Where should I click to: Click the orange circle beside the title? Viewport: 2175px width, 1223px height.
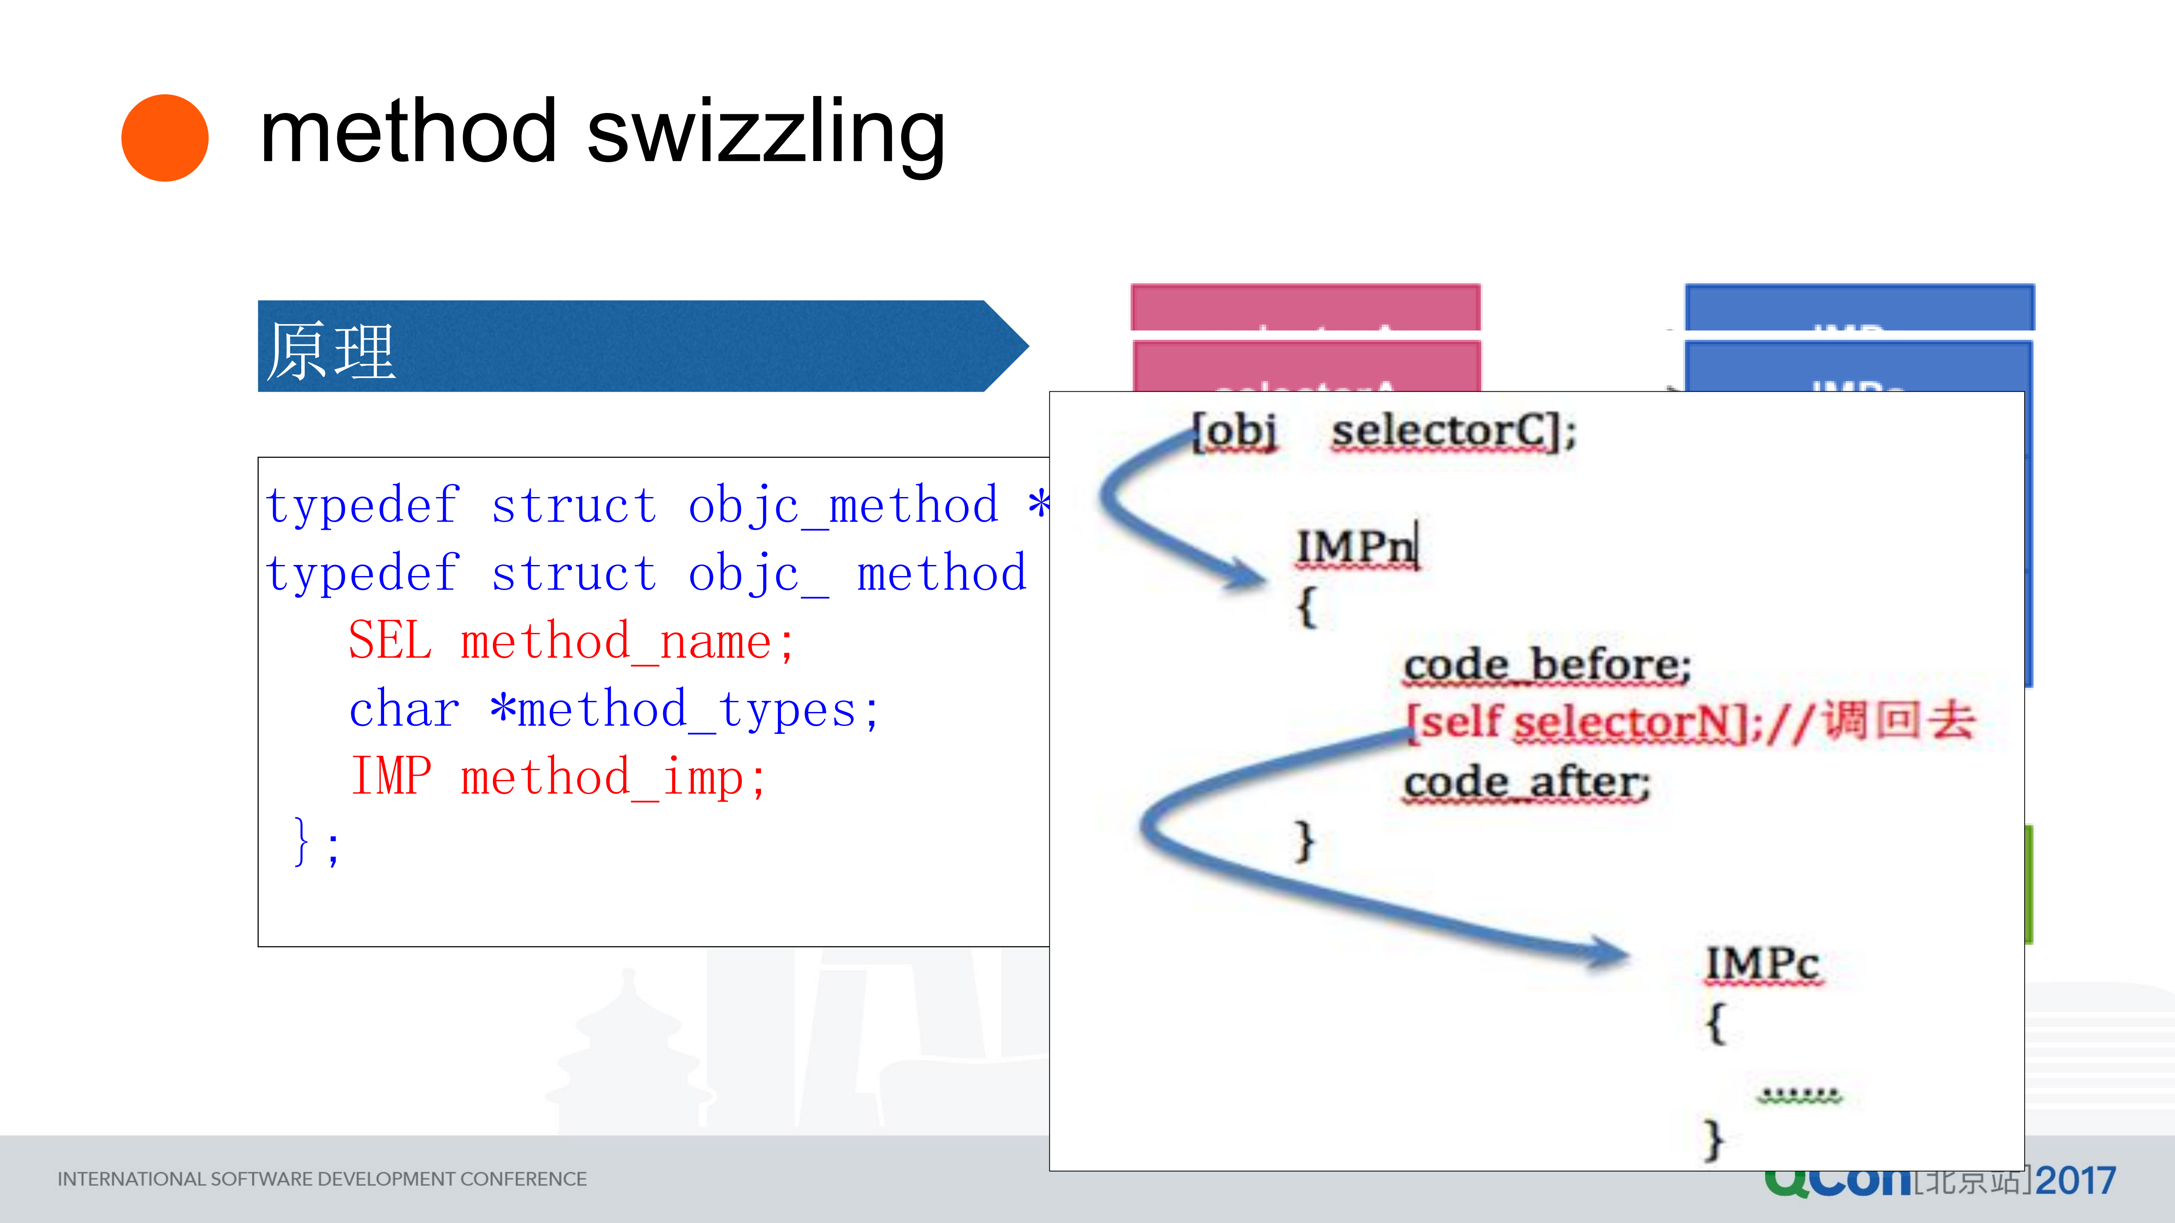click(165, 138)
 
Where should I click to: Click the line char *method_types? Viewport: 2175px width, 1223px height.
click(614, 709)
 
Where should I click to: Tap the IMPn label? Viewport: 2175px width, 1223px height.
click(1357, 547)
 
